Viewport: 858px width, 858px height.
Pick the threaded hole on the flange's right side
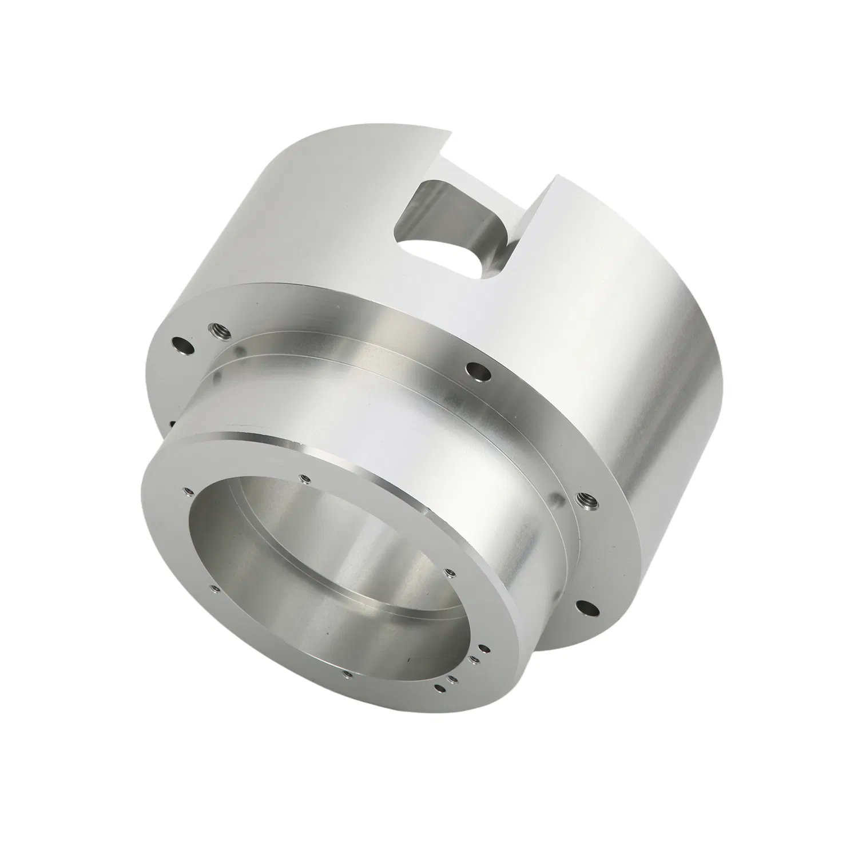[x=587, y=502]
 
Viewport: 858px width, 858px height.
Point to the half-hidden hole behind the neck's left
[x=172, y=424]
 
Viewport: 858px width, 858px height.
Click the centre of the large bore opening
[x=320, y=578]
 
